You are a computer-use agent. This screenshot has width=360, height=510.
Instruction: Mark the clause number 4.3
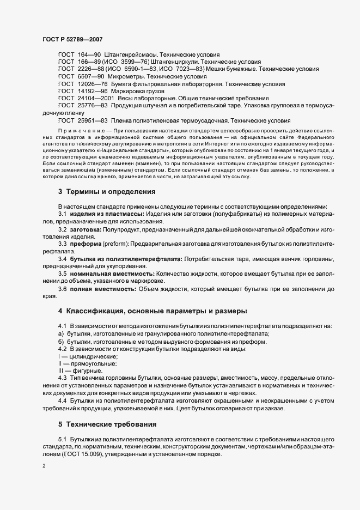pos(62,378)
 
